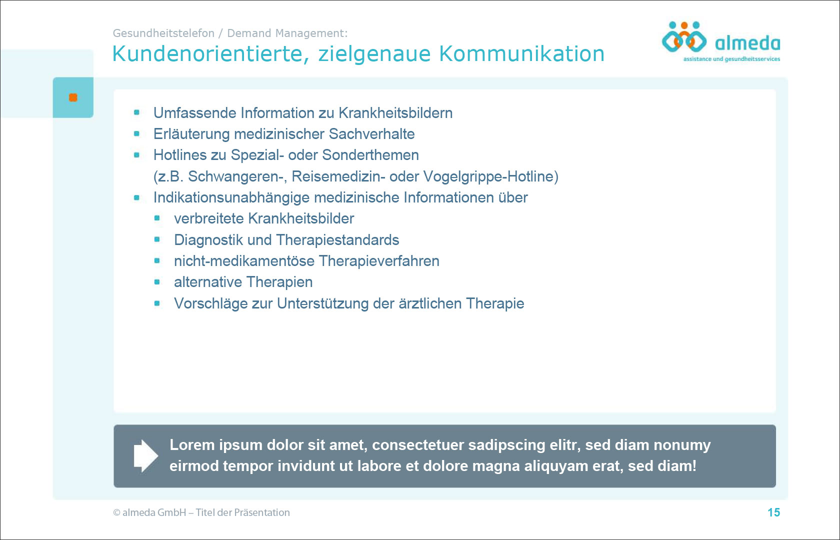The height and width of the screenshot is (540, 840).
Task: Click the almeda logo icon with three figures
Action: click(x=684, y=37)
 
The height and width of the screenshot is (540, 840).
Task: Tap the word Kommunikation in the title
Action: click(x=521, y=53)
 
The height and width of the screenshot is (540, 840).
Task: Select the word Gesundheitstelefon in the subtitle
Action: click(x=163, y=33)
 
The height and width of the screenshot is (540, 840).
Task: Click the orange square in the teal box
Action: click(x=73, y=97)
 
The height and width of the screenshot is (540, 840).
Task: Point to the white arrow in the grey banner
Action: click(x=146, y=455)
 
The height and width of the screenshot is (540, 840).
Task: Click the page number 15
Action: click(x=773, y=512)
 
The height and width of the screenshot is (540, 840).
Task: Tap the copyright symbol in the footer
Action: click(x=116, y=512)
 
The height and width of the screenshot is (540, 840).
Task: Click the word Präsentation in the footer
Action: click(x=262, y=512)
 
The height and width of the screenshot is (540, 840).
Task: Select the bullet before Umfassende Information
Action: click(x=136, y=112)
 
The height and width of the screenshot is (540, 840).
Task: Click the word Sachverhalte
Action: click(x=371, y=134)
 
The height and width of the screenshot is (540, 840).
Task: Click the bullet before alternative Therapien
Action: click(x=157, y=282)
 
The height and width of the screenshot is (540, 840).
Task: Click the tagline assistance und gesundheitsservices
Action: click(x=731, y=59)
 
